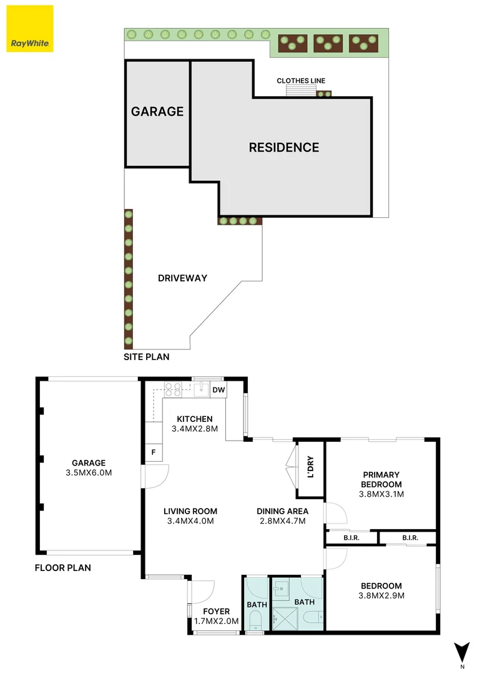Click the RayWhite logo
30,29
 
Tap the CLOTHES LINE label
301,81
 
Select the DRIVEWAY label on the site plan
182,278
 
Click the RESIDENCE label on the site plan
284,148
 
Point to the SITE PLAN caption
146,358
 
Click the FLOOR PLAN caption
62,568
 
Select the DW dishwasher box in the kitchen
218,390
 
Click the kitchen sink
200,390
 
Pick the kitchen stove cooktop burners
173,389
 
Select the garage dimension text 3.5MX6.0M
89,472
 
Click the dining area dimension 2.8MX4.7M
282,521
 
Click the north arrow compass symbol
462,652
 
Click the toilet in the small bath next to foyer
255,620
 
